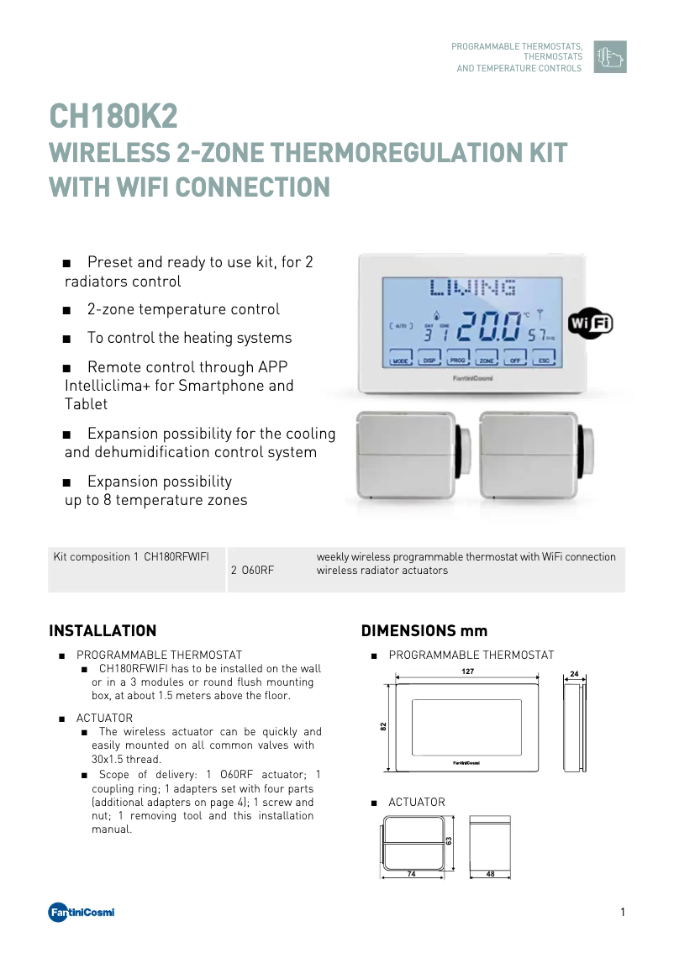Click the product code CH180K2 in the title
[113, 118]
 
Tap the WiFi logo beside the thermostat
[590, 324]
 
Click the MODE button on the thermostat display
[401, 359]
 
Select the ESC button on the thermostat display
[545, 359]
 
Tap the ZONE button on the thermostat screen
[487, 359]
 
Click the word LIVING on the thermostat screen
[472, 289]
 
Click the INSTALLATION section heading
[103, 631]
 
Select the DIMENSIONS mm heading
[424, 631]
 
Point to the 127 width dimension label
[467, 671]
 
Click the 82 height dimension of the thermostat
[383, 727]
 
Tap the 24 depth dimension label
[574, 674]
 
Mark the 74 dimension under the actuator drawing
[411, 874]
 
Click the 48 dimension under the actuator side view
[490, 874]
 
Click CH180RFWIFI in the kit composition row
[176, 557]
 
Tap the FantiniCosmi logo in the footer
[81, 913]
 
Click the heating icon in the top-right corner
[609, 57]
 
